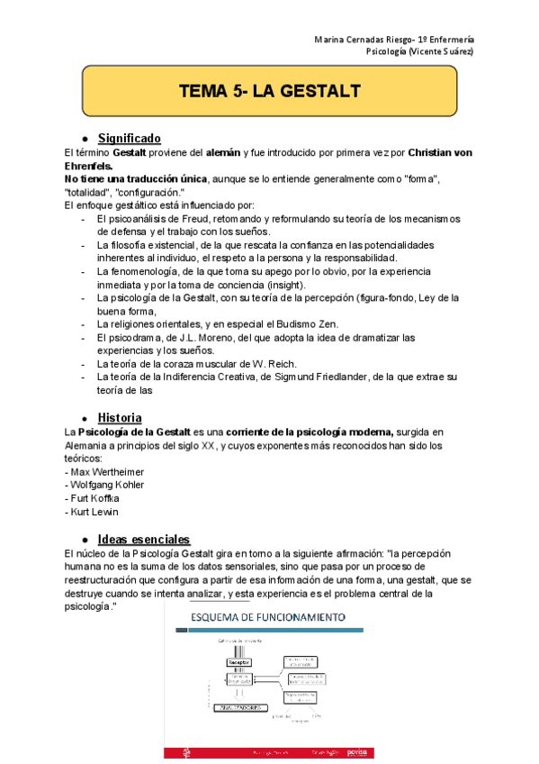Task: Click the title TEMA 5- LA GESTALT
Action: [x=270, y=92]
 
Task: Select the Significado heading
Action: [x=129, y=138]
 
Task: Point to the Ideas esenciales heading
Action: [x=143, y=538]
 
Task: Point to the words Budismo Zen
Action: [x=292, y=323]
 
